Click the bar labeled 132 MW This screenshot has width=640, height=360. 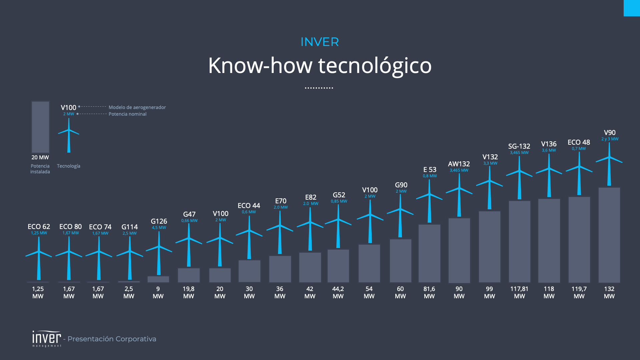point(609,235)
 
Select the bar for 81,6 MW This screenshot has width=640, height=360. point(429,253)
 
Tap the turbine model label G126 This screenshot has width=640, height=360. point(159,221)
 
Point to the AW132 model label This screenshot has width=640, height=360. point(459,164)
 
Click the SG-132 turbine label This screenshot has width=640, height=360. point(519,146)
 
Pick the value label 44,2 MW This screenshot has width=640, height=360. point(338,292)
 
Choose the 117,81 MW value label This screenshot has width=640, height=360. point(519,292)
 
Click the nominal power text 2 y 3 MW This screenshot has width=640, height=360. point(610,139)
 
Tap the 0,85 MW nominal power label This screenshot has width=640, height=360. point(339,201)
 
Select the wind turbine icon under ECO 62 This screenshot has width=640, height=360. point(39,258)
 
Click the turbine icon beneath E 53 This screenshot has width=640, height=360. point(429,201)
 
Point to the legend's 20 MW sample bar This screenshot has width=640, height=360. point(40,127)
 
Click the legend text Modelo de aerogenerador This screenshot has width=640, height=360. point(137,107)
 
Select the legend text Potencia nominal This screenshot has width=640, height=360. point(127,114)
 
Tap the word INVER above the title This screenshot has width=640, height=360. point(320,42)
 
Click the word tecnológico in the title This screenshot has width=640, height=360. point(375,66)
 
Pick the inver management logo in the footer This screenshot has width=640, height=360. point(47,339)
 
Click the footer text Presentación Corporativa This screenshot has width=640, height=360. point(112,339)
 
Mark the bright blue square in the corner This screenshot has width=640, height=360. point(632,8)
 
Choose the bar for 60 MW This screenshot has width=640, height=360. point(400,261)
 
